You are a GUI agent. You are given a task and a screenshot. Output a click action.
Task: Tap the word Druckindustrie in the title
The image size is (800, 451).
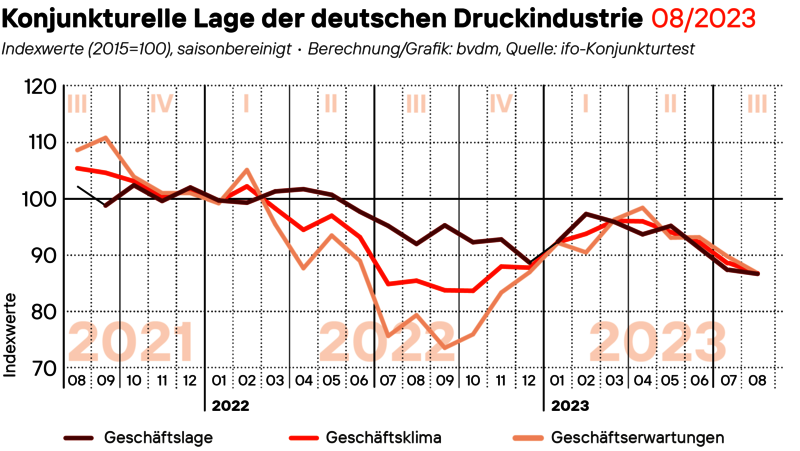(560, 17)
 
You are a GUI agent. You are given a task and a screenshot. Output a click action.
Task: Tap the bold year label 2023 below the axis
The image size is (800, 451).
(566, 406)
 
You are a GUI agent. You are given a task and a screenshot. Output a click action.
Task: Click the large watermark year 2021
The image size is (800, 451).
(131, 343)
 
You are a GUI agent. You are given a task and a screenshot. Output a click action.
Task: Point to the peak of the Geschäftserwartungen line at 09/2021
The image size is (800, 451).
(106, 137)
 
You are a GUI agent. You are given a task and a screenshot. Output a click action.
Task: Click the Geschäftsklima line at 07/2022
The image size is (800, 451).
(388, 284)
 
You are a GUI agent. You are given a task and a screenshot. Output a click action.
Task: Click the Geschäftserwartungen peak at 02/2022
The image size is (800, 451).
(247, 170)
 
